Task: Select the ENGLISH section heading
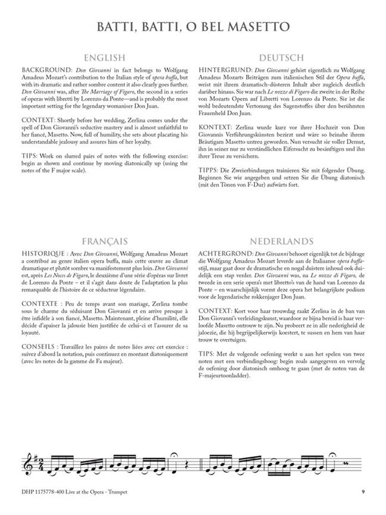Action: (x=104, y=58)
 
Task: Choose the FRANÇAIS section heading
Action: (x=104, y=241)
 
